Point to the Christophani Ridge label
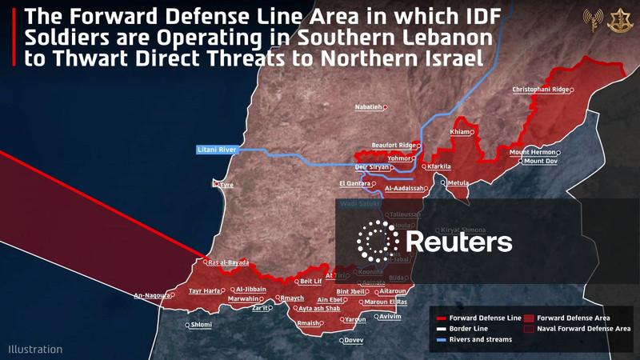541,90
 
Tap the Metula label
458,183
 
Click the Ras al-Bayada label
228,262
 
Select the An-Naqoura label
153,295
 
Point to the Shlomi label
201,325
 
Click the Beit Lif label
310,282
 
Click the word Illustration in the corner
35,350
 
